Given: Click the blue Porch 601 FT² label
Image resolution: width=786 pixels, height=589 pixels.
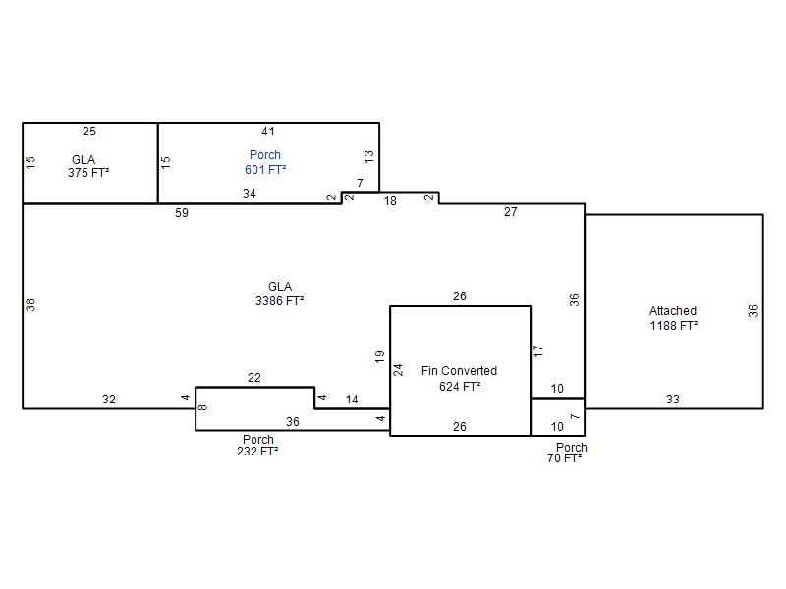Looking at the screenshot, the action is click(x=265, y=162).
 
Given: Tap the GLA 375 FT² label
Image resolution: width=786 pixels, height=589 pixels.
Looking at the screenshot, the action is click(x=88, y=166).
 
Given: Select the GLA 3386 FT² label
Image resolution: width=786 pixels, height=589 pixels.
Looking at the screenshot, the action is click(x=280, y=294).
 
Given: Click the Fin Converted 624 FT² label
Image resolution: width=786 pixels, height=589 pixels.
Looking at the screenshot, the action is click(x=459, y=378).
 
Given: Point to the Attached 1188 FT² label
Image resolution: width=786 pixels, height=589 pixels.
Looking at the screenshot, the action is click(x=673, y=318).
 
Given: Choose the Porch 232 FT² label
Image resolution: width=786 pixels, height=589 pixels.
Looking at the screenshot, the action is click(x=257, y=446).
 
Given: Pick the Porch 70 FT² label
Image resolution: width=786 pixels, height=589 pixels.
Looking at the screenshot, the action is click(x=567, y=453).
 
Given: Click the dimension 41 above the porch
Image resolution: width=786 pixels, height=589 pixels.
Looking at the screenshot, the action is click(x=268, y=132).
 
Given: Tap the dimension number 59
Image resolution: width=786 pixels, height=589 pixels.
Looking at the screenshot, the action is click(x=182, y=213).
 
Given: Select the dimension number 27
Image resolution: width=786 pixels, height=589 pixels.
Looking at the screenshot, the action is click(x=510, y=212).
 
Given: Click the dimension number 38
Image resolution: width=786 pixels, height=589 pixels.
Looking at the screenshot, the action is click(x=30, y=304).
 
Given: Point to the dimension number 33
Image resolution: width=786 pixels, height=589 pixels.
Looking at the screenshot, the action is click(x=673, y=400).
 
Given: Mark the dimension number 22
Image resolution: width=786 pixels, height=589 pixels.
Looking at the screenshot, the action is click(x=254, y=378).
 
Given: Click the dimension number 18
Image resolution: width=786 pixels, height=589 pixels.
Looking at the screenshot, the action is click(x=390, y=201).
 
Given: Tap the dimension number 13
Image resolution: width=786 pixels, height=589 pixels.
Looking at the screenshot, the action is click(x=369, y=156).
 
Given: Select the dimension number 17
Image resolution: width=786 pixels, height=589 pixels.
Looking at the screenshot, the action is click(x=538, y=350).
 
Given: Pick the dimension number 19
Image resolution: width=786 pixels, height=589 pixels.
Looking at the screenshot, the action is click(x=379, y=356).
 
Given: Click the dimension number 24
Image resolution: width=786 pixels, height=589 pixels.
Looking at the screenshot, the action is click(x=398, y=370).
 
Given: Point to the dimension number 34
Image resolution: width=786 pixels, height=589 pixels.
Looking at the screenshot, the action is click(x=250, y=193).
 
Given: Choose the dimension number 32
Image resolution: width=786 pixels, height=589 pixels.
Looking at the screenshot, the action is click(x=109, y=400).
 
